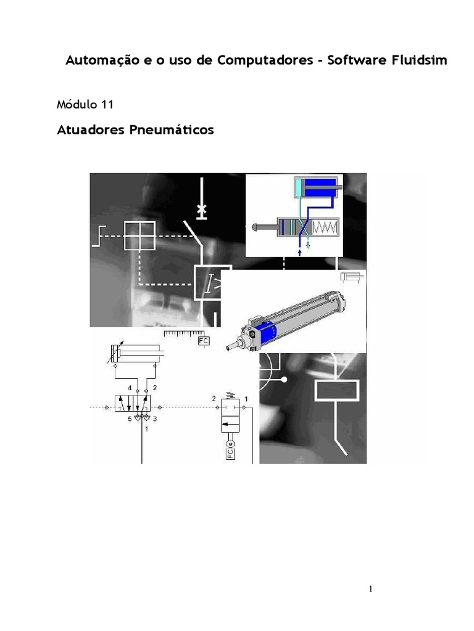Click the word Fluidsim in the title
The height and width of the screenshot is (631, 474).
(x=420, y=60)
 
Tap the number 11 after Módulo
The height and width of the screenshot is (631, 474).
(x=107, y=105)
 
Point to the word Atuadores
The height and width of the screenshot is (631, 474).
(x=91, y=130)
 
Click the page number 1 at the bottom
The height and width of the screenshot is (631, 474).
(x=371, y=589)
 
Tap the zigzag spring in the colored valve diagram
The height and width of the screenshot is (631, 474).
(x=325, y=227)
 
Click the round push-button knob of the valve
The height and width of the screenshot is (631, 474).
(x=256, y=227)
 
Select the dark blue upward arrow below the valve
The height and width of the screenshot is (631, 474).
(x=299, y=253)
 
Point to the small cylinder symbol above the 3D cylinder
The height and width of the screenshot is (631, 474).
(x=352, y=277)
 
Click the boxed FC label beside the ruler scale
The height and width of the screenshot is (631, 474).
(x=204, y=341)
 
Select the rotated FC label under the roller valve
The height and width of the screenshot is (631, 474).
(x=230, y=454)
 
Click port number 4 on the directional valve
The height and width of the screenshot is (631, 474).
(x=130, y=388)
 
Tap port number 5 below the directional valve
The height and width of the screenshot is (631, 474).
(x=130, y=419)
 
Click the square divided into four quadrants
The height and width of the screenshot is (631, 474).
(x=139, y=236)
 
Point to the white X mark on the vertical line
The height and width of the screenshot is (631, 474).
(x=201, y=210)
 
